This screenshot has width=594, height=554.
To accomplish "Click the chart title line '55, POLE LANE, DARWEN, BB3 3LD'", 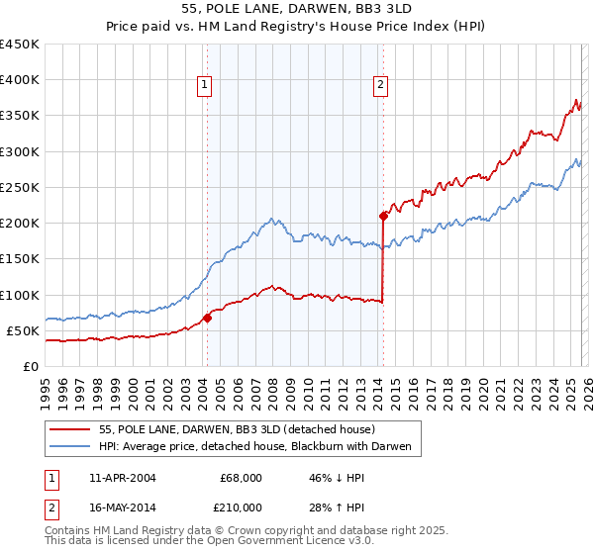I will point(296,7).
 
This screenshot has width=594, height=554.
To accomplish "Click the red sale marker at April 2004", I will point(208,318).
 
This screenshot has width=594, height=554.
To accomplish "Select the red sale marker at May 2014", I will point(383,215).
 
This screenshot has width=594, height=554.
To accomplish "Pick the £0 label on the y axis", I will point(30,366).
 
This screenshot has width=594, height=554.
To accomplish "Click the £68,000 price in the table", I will point(241,478).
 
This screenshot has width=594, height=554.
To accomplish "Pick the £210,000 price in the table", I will point(241,508).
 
